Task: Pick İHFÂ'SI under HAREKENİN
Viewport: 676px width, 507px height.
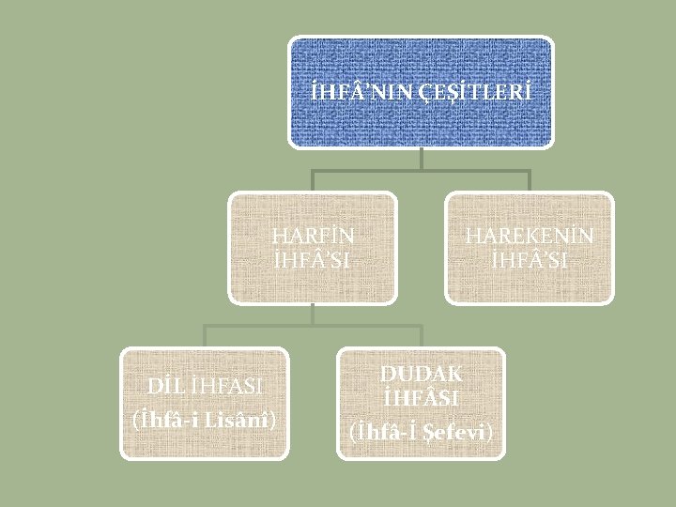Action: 529,260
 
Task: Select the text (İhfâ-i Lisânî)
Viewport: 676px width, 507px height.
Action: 204,418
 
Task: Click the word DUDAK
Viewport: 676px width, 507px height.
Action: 421,374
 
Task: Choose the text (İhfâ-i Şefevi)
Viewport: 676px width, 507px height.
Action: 421,432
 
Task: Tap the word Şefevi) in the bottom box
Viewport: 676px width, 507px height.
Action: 459,432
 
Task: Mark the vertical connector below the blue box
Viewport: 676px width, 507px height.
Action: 422,159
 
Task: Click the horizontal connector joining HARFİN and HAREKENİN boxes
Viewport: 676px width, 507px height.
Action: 421,171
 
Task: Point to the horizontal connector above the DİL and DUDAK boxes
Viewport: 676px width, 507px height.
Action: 313,327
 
